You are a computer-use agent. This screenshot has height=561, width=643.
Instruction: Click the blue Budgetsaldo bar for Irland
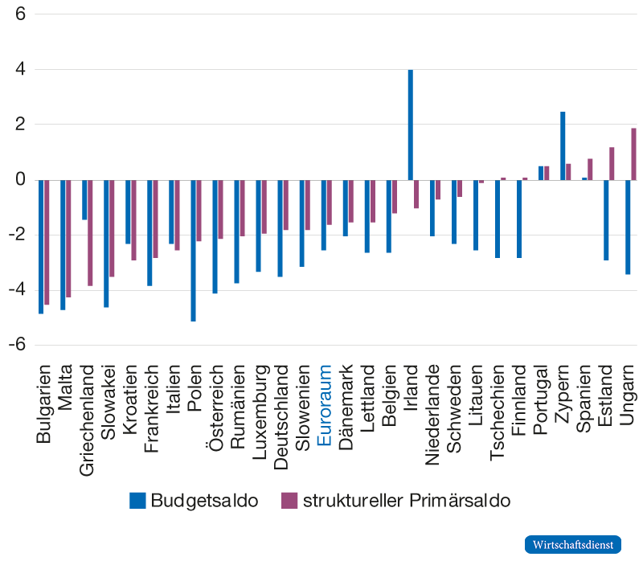click(x=410, y=125)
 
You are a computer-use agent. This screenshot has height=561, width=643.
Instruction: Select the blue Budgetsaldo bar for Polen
click(x=193, y=250)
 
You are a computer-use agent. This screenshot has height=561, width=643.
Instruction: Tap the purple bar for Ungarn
click(x=634, y=154)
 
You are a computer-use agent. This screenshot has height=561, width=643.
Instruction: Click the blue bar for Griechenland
click(x=84, y=199)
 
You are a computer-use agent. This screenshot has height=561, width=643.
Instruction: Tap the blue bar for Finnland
click(x=520, y=219)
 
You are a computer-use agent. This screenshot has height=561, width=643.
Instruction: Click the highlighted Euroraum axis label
click(x=324, y=405)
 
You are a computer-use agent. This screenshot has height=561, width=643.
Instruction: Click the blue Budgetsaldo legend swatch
click(x=137, y=500)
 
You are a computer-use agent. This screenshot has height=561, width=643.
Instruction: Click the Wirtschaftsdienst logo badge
click(x=574, y=544)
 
